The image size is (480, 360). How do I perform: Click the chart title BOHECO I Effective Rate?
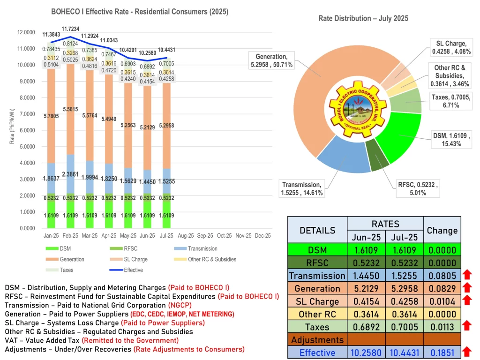[x=140, y=12]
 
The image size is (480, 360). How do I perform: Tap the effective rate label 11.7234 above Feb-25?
[x=71, y=29]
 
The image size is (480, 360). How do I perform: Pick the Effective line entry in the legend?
[x=125, y=270]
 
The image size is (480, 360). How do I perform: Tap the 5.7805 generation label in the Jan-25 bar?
[x=51, y=116]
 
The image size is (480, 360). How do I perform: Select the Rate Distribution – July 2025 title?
[x=363, y=18]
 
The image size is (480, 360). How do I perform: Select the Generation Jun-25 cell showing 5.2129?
[x=366, y=289]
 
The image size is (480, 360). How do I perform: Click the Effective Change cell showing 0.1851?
[x=442, y=352]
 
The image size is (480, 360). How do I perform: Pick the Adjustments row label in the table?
[x=317, y=340]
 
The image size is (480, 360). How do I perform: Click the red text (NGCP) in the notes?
[x=153, y=305]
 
